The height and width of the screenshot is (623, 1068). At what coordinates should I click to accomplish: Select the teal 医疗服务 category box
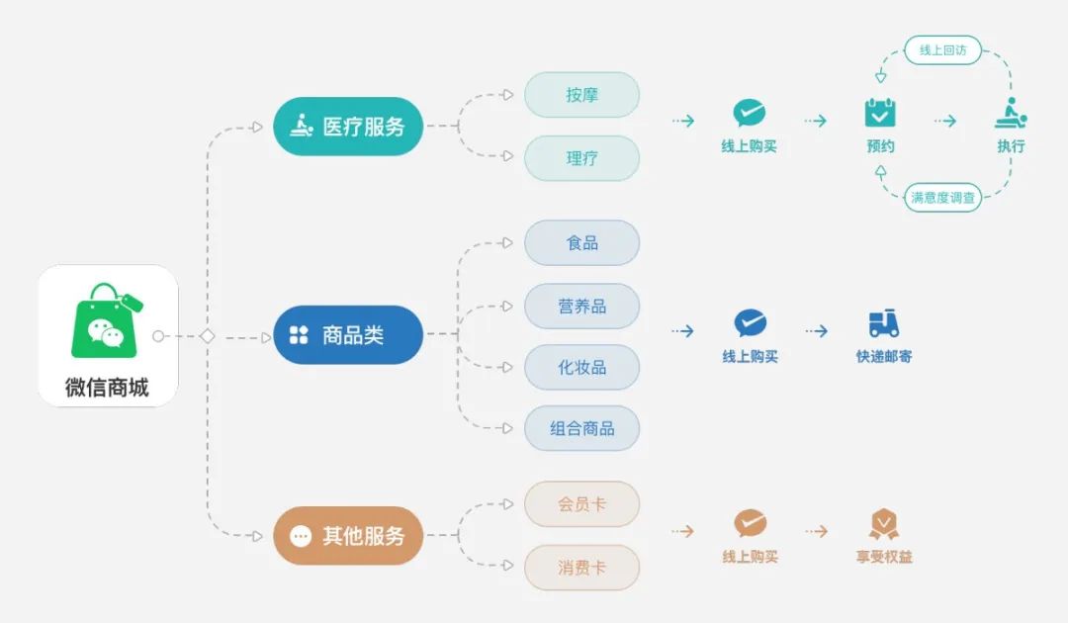coord(348,127)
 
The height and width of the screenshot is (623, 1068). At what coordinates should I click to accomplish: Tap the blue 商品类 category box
coord(348,335)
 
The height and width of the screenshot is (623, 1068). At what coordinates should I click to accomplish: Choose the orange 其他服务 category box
coord(348,536)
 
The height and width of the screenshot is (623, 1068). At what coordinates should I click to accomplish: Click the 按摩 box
coord(581,95)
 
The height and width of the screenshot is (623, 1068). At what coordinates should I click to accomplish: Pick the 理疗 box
coord(581,158)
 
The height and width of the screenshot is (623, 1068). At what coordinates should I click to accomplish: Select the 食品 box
coord(581,243)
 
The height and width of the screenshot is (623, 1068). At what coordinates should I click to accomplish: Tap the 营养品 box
coord(581,307)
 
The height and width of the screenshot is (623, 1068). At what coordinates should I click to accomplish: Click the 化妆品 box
coord(581,368)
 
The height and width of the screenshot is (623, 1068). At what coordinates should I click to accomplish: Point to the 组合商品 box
coord(581,429)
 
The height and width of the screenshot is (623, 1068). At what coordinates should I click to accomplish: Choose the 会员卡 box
coord(581,504)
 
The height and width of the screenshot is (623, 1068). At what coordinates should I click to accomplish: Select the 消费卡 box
coord(581,568)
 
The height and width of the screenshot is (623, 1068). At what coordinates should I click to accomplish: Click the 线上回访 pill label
coord(942,49)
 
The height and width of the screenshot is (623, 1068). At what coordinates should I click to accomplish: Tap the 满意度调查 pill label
coord(942,197)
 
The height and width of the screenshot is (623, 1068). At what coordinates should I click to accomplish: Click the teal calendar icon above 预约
coord(880,113)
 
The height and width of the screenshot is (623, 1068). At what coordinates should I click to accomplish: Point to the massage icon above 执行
coord(1010,114)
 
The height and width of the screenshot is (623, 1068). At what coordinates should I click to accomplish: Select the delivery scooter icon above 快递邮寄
coord(883,324)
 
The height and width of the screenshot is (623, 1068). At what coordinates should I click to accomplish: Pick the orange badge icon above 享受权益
coord(883,524)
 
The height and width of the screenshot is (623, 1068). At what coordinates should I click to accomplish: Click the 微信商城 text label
coord(107,388)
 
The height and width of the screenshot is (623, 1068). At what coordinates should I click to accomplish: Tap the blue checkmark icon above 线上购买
coord(750,323)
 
